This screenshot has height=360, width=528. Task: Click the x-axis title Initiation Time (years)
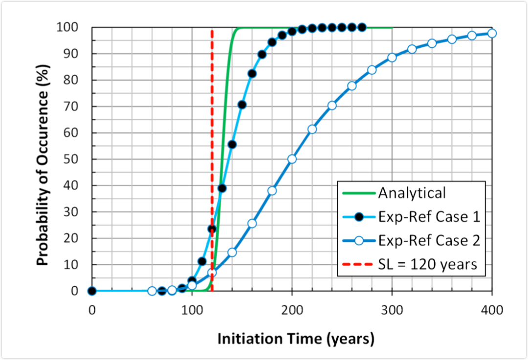[x=296, y=339]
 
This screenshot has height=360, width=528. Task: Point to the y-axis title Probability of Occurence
[x=44, y=159]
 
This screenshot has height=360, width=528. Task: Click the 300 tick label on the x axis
[x=392, y=309]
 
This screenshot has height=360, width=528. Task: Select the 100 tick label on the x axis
[x=192, y=309]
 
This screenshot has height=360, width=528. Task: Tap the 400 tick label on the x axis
[x=491, y=309]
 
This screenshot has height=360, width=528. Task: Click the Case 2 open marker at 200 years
[x=292, y=159]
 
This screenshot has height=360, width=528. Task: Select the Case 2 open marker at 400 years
[x=492, y=33]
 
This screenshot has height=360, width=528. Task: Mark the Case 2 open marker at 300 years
[x=392, y=57]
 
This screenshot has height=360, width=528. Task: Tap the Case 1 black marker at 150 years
[x=242, y=105]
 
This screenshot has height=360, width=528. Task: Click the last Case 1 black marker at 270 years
[x=362, y=27]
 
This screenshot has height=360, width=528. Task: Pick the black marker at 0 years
[x=92, y=291]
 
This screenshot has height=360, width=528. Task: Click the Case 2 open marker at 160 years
[x=252, y=223]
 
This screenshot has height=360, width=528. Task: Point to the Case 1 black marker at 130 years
[x=222, y=188]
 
